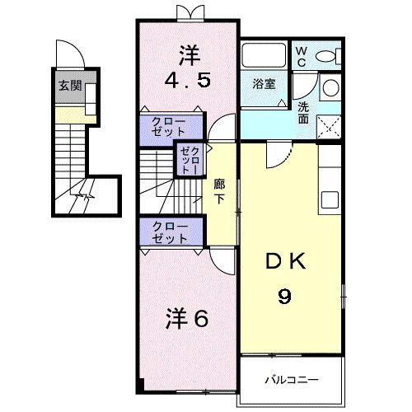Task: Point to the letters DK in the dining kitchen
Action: pyautogui.click(x=283, y=263)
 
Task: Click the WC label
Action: pyautogui.click(x=301, y=56)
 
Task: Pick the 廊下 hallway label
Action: pyautogui.click(x=219, y=190)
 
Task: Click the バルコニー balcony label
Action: pyautogui.click(x=290, y=380)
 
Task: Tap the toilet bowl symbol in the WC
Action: pyautogui.click(x=327, y=56)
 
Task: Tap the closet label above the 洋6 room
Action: pyautogui.click(x=171, y=232)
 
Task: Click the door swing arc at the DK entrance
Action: pyautogui.click(x=277, y=154)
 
